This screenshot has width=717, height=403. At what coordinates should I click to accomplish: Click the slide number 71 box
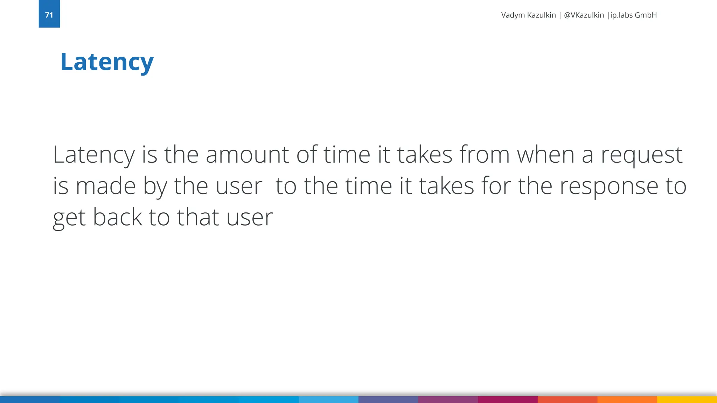click(x=49, y=14)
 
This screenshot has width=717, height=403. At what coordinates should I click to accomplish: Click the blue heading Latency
click(x=107, y=62)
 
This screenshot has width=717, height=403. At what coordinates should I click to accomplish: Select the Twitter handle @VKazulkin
click(x=584, y=15)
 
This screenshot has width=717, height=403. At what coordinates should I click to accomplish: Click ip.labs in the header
click(x=621, y=15)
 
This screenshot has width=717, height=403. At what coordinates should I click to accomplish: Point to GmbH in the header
click(x=646, y=15)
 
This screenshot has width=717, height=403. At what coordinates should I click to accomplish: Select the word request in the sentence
click(x=641, y=155)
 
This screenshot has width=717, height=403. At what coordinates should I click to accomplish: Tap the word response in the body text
click(x=609, y=186)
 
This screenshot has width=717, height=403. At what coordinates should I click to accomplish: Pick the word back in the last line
click(x=117, y=217)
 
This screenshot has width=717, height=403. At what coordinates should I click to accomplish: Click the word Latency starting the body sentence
click(x=93, y=155)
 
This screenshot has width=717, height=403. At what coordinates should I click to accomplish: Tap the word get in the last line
click(x=69, y=218)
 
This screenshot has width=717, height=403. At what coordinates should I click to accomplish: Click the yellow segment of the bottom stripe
click(x=687, y=400)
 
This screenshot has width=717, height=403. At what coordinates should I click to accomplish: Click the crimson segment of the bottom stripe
click(x=508, y=400)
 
